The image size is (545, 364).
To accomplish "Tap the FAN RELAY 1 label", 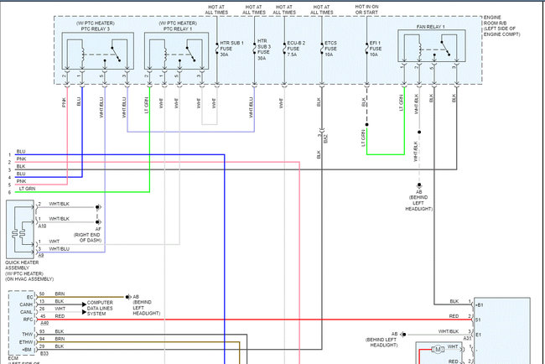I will (431, 29).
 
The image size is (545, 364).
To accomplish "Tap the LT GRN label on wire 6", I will (28, 189).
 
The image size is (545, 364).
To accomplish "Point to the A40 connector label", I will (44, 323).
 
